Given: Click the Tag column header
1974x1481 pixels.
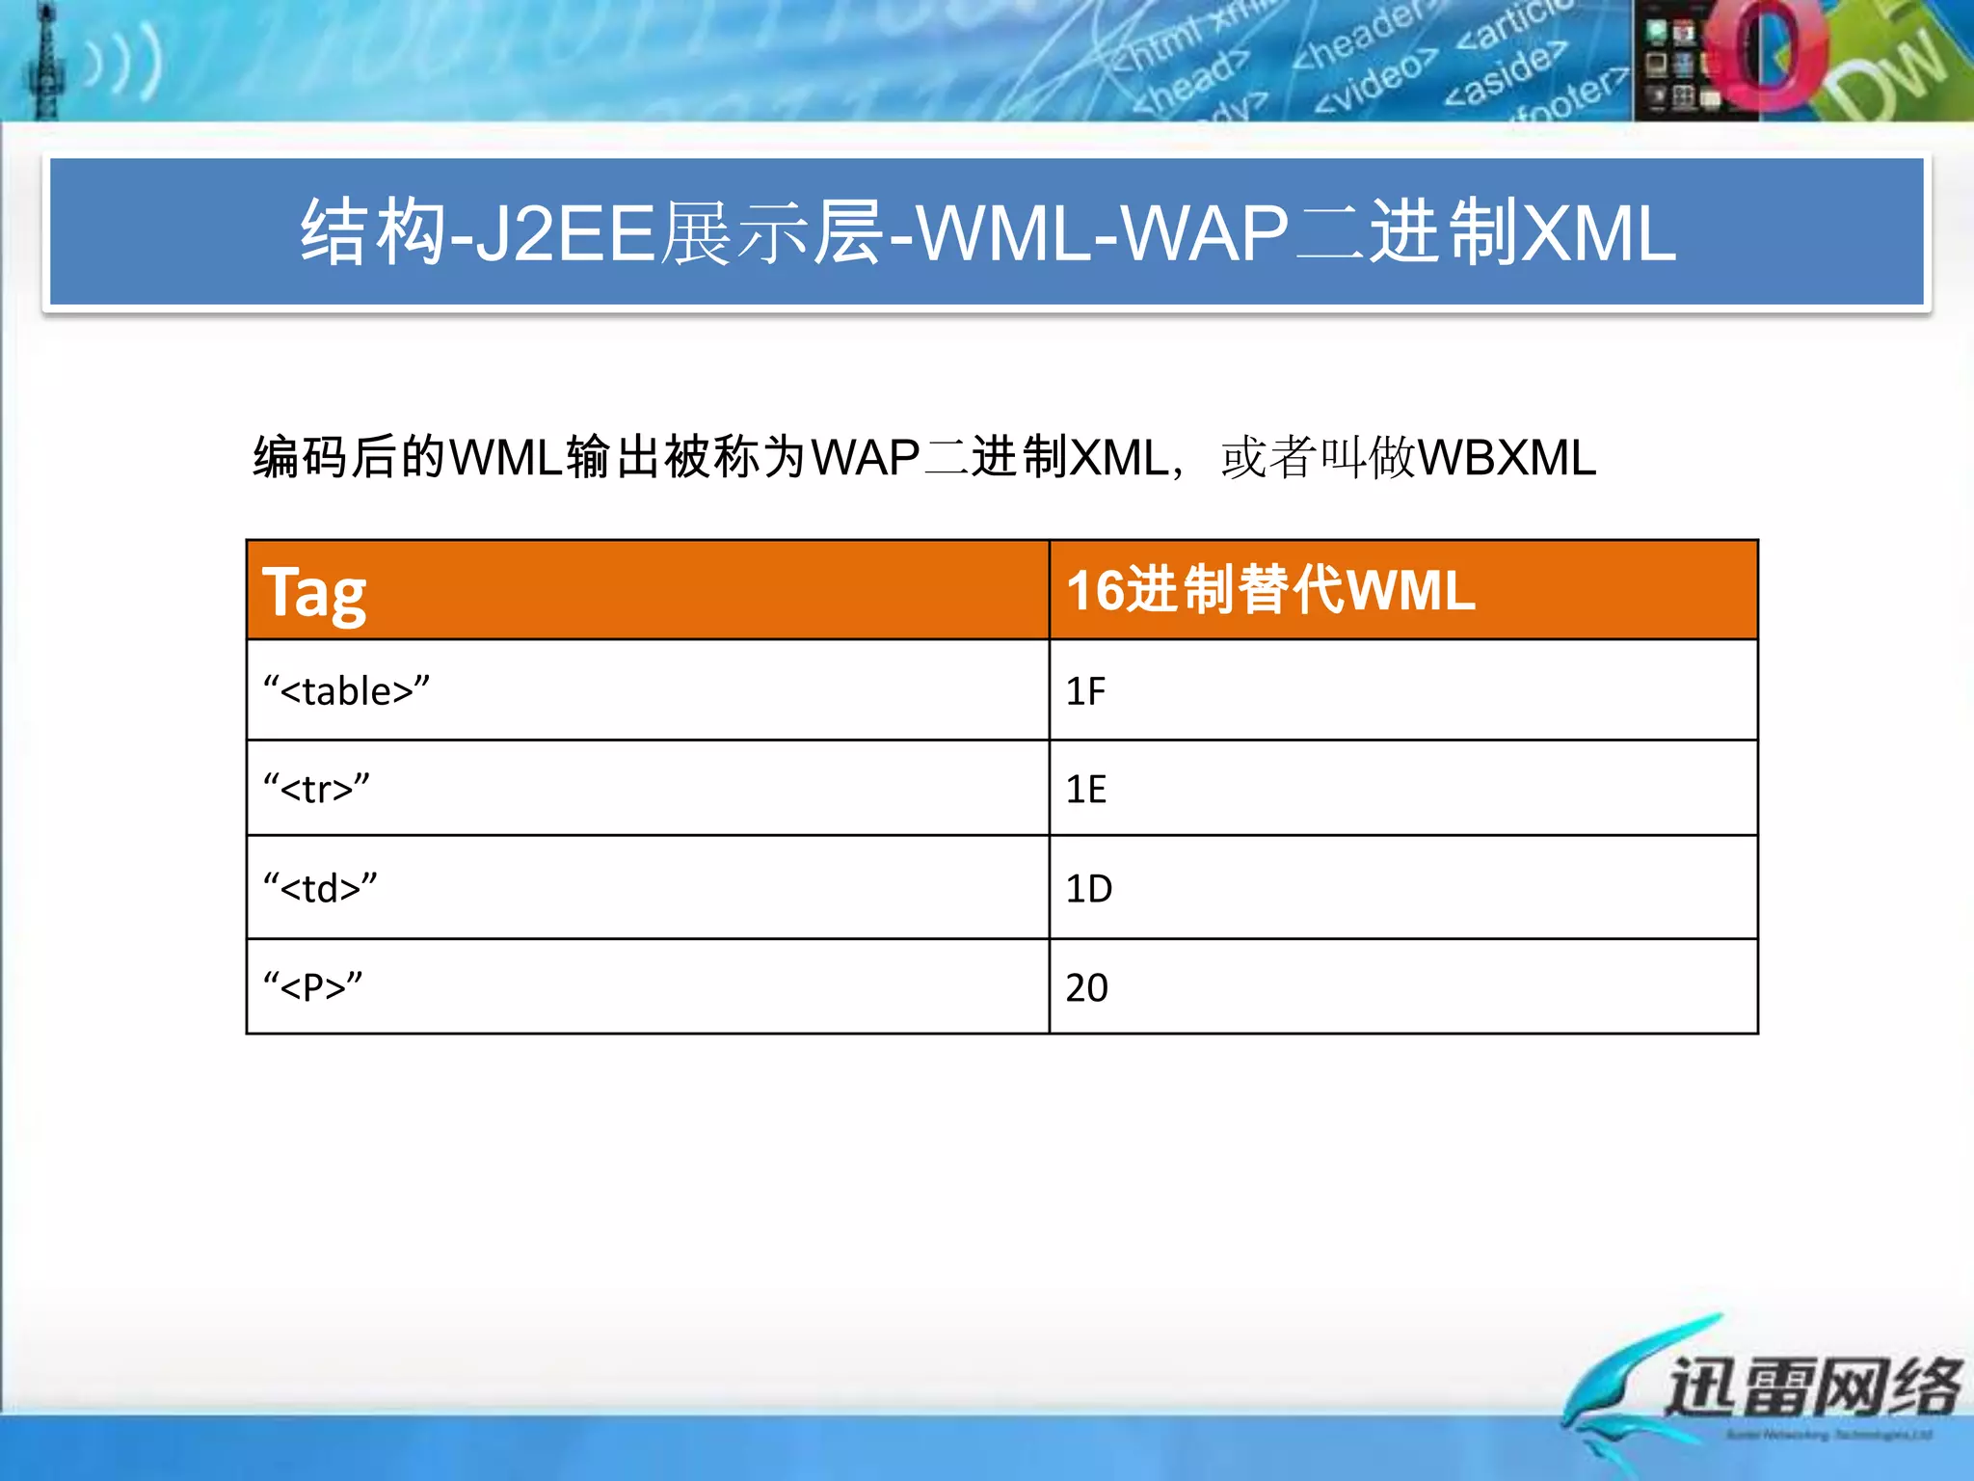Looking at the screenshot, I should click(x=314, y=592).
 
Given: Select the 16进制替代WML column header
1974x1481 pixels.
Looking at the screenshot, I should click(x=1270, y=590).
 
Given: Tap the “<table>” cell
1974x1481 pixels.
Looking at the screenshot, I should click(x=347, y=691).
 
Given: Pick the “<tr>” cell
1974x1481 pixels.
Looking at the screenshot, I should click(x=317, y=789).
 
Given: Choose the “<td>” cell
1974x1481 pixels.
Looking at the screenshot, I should click(x=321, y=888).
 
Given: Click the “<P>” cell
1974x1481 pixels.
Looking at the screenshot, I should click(x=313, y=987).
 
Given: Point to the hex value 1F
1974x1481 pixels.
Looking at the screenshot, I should click(x=1085, y=691).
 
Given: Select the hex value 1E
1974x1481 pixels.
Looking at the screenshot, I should click(x=1085, y=789).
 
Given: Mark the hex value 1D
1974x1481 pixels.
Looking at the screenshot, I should click(x=1088, y=888).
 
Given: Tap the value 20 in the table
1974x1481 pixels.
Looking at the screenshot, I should click(x=1086, y=987).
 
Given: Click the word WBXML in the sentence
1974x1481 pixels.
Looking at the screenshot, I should click(x=1507, y=458).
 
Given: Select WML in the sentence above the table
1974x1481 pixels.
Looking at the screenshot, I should click(x=505, y=458).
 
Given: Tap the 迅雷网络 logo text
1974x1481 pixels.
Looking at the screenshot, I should click(x=1812, y=1387).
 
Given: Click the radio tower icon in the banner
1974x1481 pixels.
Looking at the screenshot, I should click(x=44, y=64).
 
